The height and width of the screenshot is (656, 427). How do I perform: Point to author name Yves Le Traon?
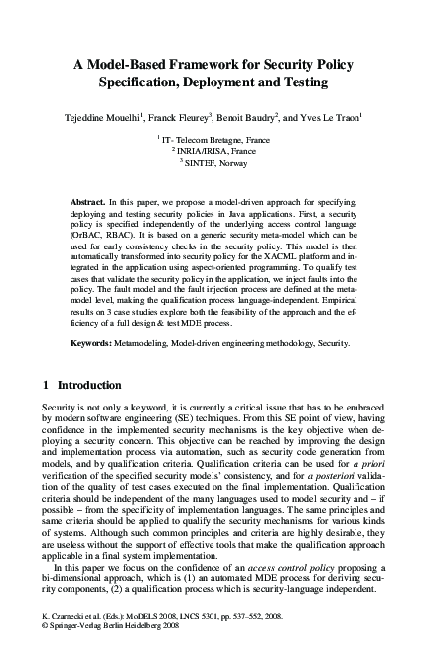click(x=331, y=118)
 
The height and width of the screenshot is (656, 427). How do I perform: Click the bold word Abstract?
click(x=89, y=202)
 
